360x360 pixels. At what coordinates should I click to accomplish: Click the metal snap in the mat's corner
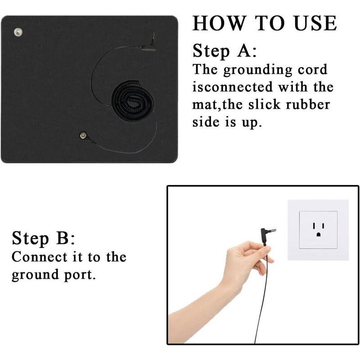[18, 32]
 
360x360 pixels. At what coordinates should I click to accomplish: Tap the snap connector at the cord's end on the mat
[83, 135]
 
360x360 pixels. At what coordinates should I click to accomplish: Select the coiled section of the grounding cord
[133, 101]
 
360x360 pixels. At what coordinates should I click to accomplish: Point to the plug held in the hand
[267, 236]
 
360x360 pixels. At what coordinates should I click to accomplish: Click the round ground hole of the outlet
[319, 234]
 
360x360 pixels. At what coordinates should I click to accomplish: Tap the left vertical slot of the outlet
[314, 226]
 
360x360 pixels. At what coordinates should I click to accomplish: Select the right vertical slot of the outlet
[323, 226]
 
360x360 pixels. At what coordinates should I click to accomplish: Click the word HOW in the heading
[219, 23]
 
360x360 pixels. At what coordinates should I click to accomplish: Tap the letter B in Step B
[63, 238]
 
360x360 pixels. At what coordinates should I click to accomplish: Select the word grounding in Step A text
[257, 70]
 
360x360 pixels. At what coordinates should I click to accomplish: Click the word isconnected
[233, 87]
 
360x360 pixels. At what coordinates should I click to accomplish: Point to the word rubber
[308, 104]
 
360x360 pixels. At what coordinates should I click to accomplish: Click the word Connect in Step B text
[40, 257]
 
